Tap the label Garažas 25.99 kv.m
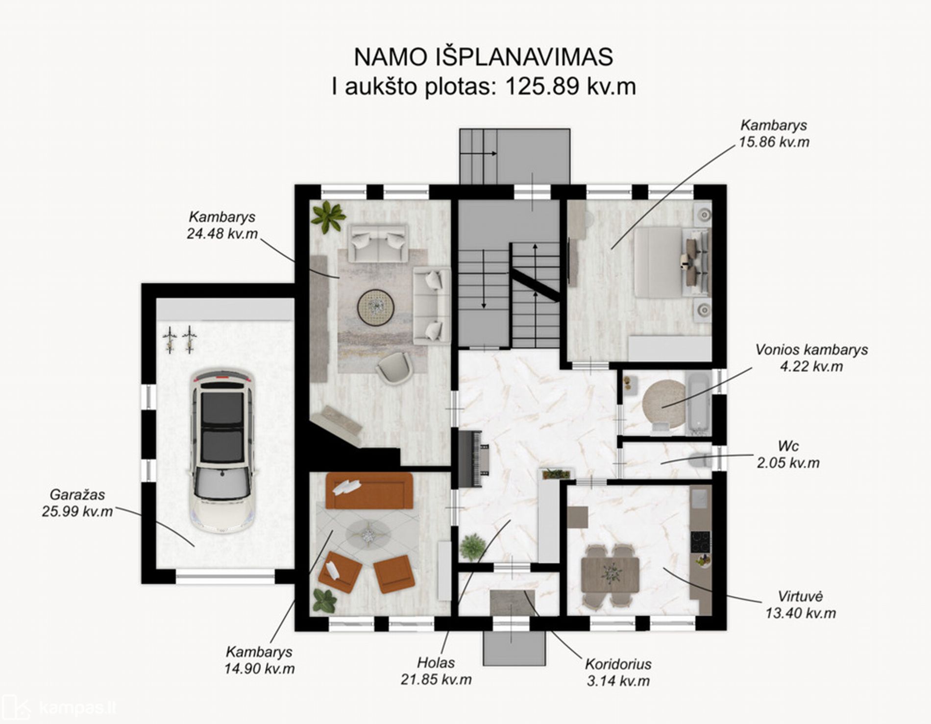point(77,503)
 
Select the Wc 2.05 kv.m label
point(788,455)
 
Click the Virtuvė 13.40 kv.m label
point(801,605)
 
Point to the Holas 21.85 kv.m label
point(436,671)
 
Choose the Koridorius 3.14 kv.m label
point(618,672)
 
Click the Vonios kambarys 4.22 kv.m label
point(811,358)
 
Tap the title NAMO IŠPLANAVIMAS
point(483,57)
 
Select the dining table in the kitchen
point(610,575)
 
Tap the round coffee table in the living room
point(376,308)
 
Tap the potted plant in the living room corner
point(328,217)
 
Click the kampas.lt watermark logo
point(59,707)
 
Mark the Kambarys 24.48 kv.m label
point(222,225)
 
